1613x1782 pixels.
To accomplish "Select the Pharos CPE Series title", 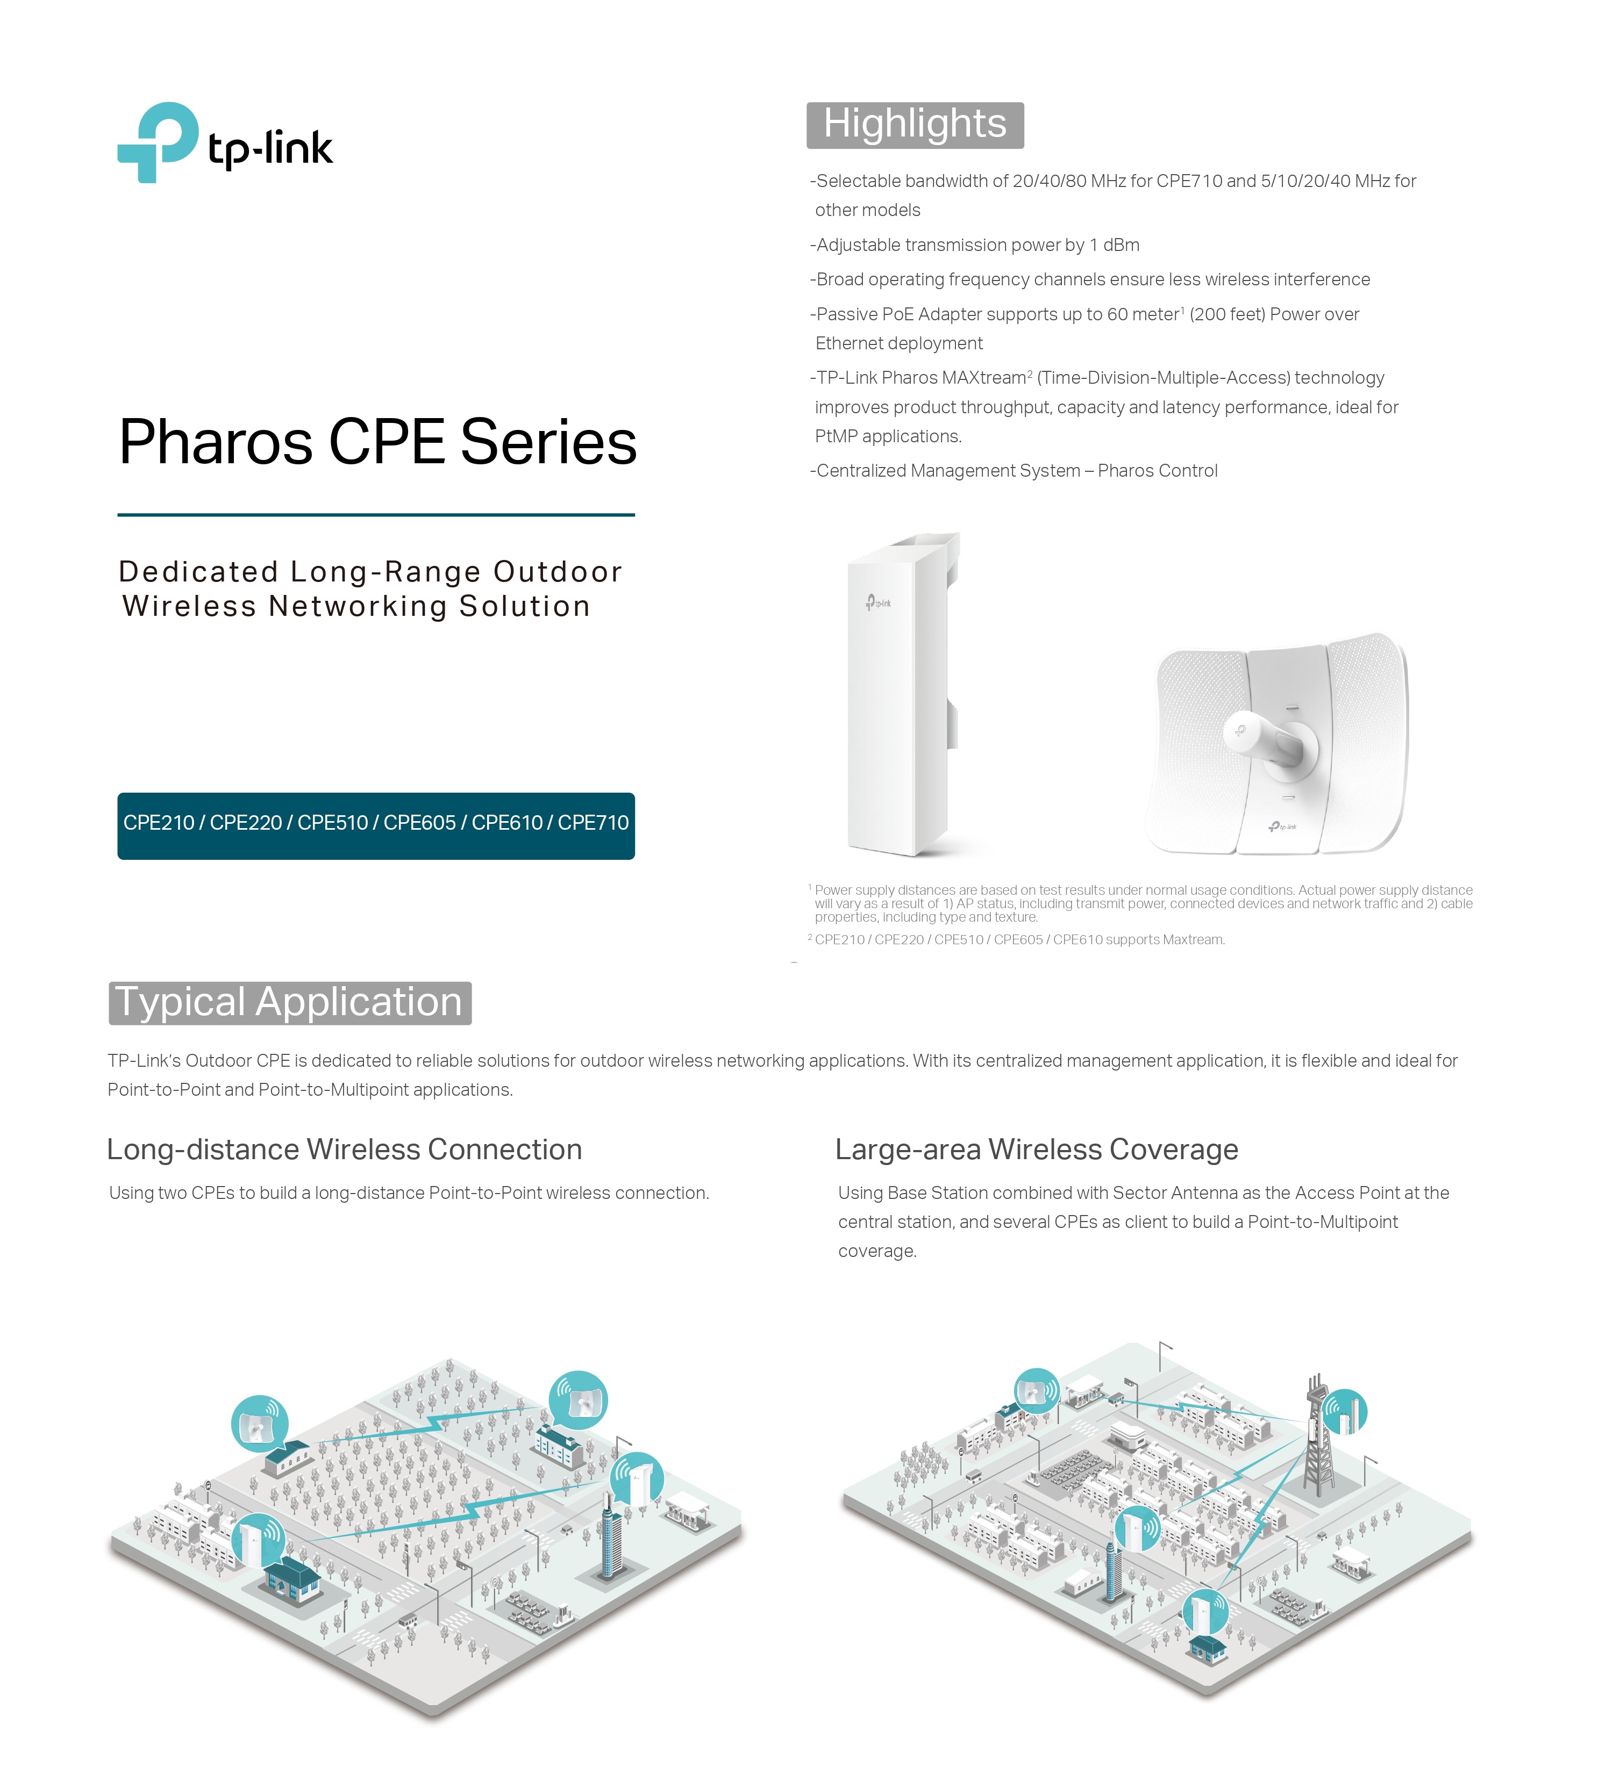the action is pyautogui.click(x=377, y=441).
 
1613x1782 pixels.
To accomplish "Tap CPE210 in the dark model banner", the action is pyautogui.click(x=158, y=823).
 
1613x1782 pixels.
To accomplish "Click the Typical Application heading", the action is pyautogui.click(x=289, y=1002).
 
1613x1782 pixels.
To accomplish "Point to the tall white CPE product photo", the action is pyautogui.click(x=902, y=694).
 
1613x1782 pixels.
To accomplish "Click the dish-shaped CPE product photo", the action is pyautogui.click(x=1276, y=743).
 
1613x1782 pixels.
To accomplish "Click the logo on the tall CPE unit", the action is pyautogui.click(x=878, y=603).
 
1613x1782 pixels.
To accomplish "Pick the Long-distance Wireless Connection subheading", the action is pyautogui.click(x=344, y=1149).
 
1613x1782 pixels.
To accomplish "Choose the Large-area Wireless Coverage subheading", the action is pyautogui.click(x=1037, y=1149).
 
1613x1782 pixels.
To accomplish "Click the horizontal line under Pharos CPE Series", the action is pyautogui.click(x=376, y=514).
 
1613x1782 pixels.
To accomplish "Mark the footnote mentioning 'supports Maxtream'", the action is pyautogui.click(x=1017, y=939).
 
